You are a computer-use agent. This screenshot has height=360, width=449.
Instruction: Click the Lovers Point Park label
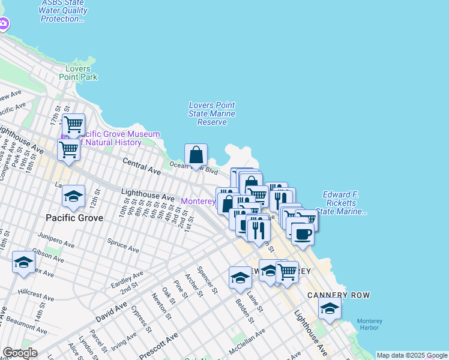[x=78, y=73]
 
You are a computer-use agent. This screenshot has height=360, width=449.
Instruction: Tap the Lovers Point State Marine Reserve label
[x=212, y=113]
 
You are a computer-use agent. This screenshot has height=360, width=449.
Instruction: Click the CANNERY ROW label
[x=339, y=295]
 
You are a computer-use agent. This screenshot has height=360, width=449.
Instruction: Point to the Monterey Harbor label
[x=370, y=325]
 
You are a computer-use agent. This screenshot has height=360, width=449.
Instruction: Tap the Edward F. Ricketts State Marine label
[x=344, y=203]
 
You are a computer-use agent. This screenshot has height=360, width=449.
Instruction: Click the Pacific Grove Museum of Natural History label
[x=113, y=138]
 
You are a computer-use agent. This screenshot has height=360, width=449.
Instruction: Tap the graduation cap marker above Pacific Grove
[x=74, y=197]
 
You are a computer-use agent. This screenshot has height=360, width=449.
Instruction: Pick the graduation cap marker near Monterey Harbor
[x=330, y=309]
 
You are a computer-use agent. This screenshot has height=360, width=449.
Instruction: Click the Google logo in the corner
[x=20, y=353]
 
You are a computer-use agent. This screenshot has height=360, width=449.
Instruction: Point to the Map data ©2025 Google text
[x=412, y=355]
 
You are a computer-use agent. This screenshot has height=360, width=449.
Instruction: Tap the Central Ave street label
[x=142, y=167]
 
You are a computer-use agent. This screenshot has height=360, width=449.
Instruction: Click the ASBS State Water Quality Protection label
[x=63, y=11]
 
